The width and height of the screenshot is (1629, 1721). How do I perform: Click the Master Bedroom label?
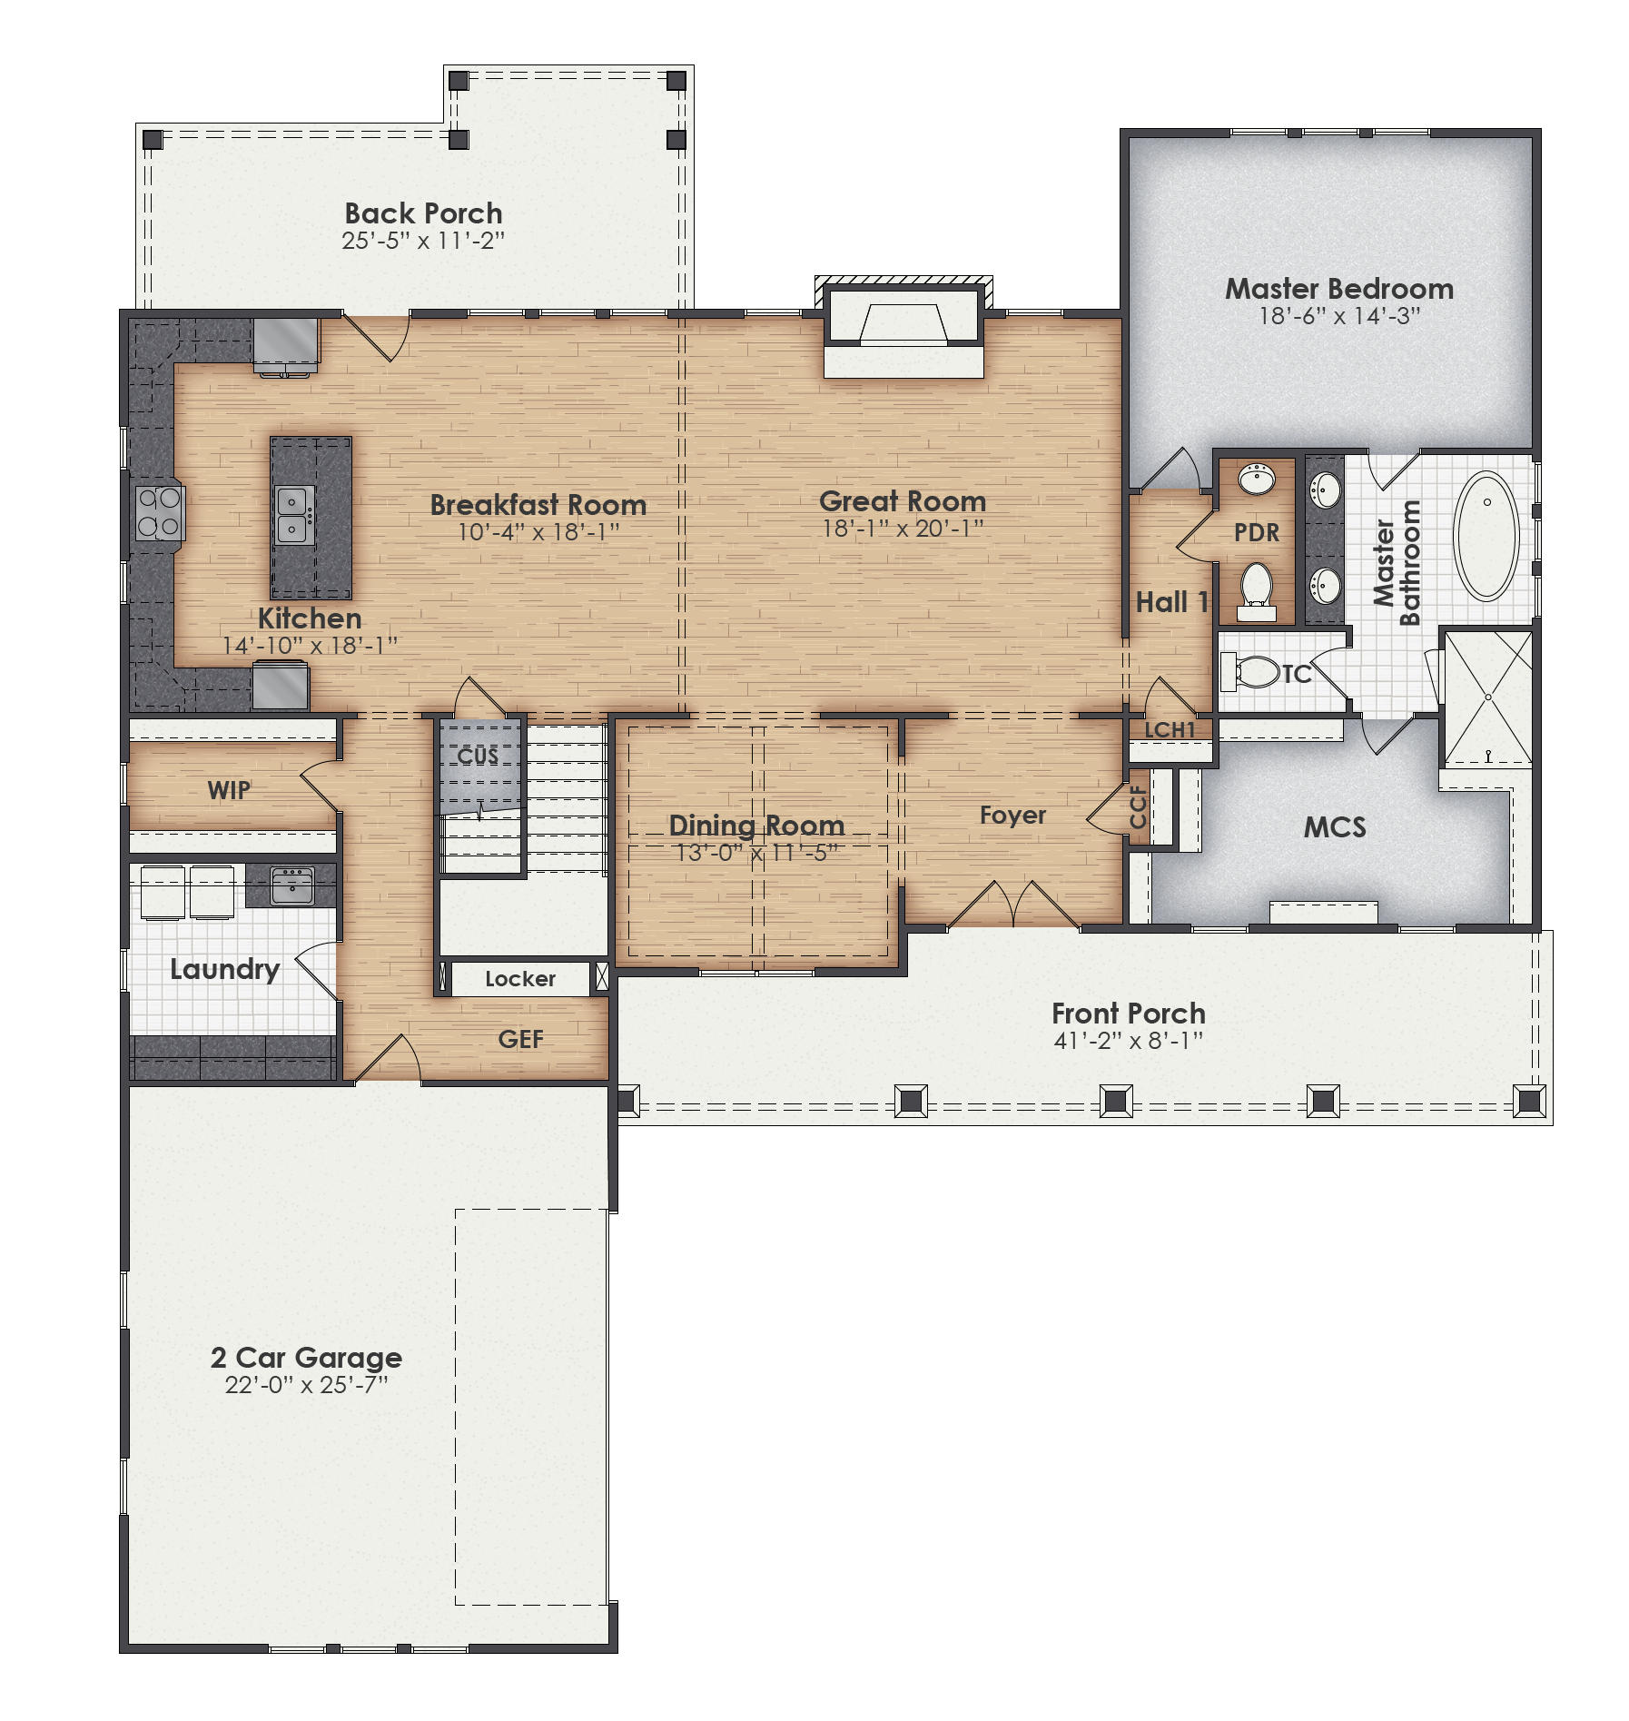(1338, 289)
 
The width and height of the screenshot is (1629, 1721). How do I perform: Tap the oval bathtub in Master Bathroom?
(1486, 536)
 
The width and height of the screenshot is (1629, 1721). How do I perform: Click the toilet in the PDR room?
(1257, 586)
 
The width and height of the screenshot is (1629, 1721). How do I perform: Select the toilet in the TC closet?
(1253, 672)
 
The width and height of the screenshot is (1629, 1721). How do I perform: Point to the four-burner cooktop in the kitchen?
(159, 512)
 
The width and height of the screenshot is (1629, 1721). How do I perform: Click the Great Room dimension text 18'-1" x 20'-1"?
(903, 529)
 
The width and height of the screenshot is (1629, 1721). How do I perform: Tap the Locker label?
(519, 978)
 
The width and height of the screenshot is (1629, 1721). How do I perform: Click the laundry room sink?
(291, 885)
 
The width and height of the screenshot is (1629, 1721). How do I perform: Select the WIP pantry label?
(229, 790)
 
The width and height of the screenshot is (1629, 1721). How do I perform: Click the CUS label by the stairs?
(478, 756)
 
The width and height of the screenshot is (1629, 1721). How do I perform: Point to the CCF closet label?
(1138, 807)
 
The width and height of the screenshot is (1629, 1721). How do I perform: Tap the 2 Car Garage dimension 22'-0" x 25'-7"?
(306, 1385)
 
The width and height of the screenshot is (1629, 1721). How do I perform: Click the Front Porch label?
(1128, 1013)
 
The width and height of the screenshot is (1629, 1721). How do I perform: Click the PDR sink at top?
(1257, 479)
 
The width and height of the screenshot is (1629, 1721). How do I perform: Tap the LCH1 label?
(1170, 729)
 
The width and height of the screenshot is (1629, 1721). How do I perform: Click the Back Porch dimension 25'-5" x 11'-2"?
(423, 241)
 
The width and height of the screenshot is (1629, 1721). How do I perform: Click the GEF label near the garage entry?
(520, 1039)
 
